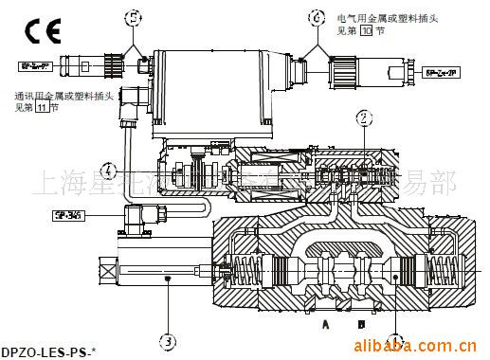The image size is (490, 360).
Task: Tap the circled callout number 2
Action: pos(363,117)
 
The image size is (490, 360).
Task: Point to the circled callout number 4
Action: pos(111,171)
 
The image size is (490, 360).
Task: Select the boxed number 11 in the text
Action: pos(41,107)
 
